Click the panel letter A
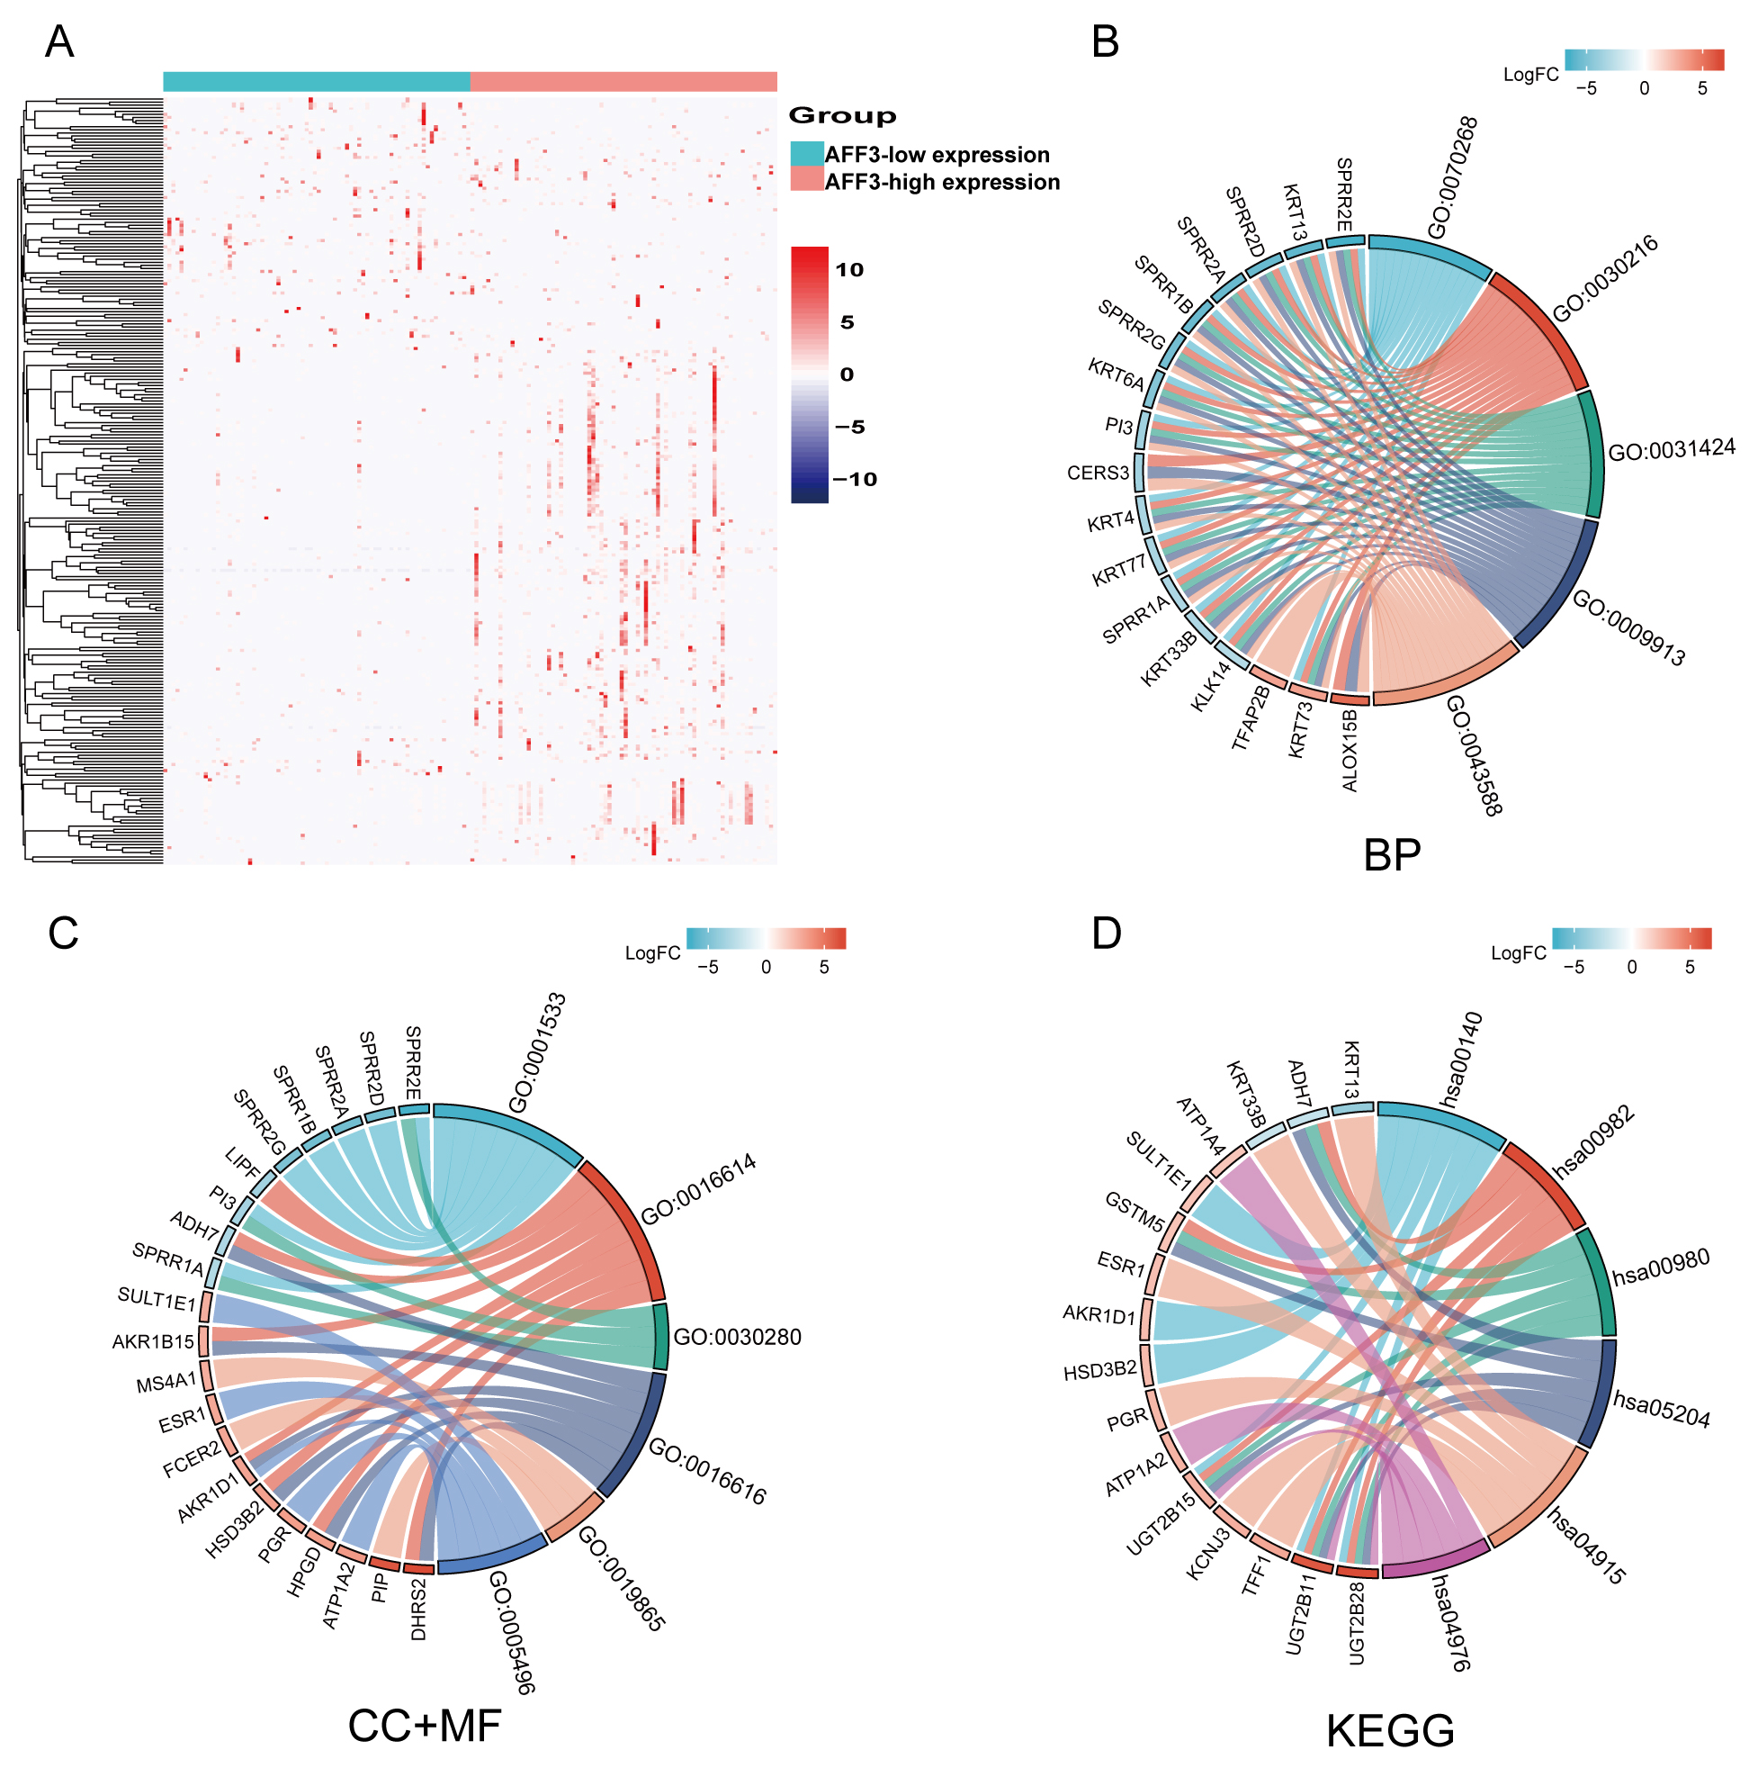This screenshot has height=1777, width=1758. [x=59, y=42]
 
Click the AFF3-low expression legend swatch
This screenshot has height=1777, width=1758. [x=806, y=154]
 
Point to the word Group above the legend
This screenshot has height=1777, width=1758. [x=841, y=116]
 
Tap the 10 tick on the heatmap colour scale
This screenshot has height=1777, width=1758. [x=848, y=269]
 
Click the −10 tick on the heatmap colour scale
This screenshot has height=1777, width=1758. [x=854, y=479]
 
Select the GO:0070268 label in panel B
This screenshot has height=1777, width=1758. [x=1452, y=176]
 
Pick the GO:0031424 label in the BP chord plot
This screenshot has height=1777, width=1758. [x=1671, y=450]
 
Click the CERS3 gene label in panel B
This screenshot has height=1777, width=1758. [x=1098, y=473]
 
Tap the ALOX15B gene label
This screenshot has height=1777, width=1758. [x=1349, y=750]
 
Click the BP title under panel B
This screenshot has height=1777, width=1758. [x=1391, y=854]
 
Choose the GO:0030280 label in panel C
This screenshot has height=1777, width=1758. [x=738, y=1338]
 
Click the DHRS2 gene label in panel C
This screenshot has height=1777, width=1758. [x=418, y=1609]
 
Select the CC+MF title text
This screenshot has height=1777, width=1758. [x=424, y=1726]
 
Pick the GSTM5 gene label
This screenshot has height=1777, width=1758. [x=1135, y=1212]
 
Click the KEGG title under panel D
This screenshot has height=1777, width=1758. [x=1389, y=1731]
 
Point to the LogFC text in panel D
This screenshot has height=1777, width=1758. [x=1518, y=954]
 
